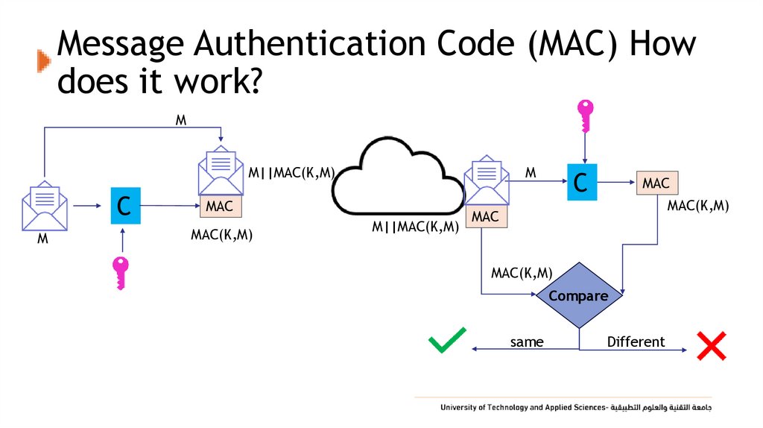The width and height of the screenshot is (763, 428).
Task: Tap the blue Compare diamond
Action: pyautogui.click(x=579, y=296)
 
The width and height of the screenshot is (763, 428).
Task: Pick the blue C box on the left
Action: pyautogui.click(x=125, y=205)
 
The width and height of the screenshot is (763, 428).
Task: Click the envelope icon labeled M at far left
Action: pyautogui.click(x=45, y=205)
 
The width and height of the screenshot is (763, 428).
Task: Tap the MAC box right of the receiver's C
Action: pyautogui.click(x=656, y=183)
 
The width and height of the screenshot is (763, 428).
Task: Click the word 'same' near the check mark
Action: pyautogui.click(x=527, y=342)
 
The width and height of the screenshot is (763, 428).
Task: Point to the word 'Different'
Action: pyautogui.click(x=636, y=342)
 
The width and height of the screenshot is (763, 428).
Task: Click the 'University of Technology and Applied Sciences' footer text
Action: pyautogui.click(x=525, y=408)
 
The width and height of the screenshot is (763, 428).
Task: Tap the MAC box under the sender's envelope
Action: pyautogui.click(x=220, y=206)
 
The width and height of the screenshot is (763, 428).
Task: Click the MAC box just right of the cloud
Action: pyautogui.click(x=485, y=216)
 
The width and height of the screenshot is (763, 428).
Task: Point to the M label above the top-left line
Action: pyautogui.click(x=180, y=119)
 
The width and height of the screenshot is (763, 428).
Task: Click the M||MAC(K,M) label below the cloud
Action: pyautogui.click(x=415, y=227)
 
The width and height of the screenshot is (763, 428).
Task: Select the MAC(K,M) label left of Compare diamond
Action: pyautogui.click(x=522, y=273)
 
